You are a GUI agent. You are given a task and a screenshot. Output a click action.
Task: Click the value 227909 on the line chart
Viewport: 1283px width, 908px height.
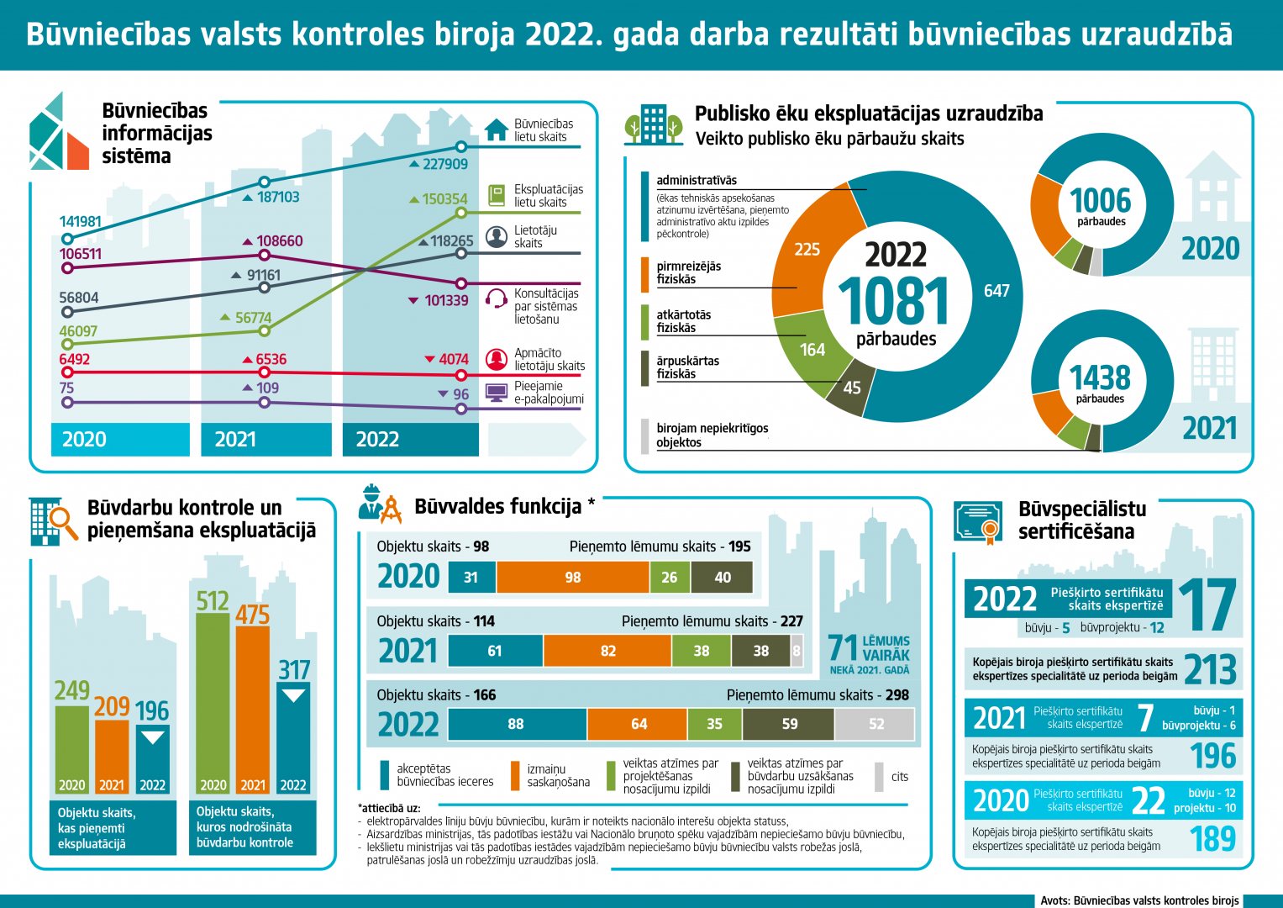click(444, 164)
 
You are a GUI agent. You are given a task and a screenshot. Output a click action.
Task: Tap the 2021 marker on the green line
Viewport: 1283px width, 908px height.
click(265, 331)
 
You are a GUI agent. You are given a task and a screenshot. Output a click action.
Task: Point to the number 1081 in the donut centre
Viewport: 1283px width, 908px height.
click(894, 301)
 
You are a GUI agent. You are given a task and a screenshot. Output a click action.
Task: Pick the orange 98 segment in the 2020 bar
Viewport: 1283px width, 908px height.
click(572, 578)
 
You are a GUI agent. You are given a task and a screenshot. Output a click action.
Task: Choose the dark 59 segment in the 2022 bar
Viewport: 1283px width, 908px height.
click(789, 724)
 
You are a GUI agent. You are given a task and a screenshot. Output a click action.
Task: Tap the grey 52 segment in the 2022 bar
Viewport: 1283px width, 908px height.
click(875, 724)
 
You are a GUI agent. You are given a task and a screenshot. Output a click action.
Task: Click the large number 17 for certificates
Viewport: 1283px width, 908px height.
click(1207, 605)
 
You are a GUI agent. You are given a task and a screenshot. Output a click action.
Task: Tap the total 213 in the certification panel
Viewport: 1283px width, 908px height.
click(1210, 670)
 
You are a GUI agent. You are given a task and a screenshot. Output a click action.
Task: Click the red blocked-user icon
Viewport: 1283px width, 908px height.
click(497, 360)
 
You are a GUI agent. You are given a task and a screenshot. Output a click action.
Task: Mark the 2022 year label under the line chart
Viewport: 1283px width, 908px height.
click(377, 440)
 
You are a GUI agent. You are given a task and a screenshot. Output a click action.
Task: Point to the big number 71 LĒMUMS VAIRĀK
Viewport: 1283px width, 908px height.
click(843, 648)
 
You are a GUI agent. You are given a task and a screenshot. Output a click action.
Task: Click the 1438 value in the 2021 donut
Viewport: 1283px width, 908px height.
click(1100, 377)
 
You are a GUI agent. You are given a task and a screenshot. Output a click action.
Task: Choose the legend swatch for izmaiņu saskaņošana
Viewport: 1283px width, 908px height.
click(515, 776)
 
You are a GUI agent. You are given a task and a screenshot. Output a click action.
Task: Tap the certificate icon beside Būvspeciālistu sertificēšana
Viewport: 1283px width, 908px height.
click(978, 523)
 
